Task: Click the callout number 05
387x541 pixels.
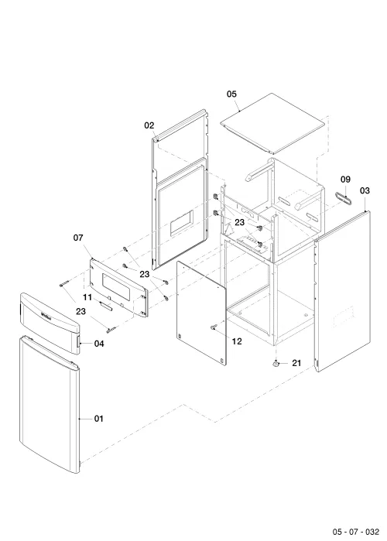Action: [231, 94]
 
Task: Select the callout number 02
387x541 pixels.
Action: [149, 125]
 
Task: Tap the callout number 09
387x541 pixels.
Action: [345, 179]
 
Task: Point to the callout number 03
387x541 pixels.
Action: [365, 190]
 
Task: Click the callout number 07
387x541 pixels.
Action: [78, 238]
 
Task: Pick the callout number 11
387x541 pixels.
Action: [87, 297]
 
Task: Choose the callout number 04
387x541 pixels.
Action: [99, 344]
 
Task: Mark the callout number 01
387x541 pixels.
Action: [98, 419]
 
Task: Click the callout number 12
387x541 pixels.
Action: [237, 341]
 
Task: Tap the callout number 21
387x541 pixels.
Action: [296, 363]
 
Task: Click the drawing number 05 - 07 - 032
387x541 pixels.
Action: [355, 532]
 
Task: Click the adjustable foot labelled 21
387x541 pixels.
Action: [276, 364]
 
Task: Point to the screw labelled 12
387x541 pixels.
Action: [214, 327]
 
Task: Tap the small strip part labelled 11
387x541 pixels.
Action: [105, 306]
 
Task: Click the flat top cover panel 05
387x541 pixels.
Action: [272, 123]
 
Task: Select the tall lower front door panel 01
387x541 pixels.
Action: [50, 404]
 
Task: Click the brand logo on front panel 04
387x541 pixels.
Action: [46, 315]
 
